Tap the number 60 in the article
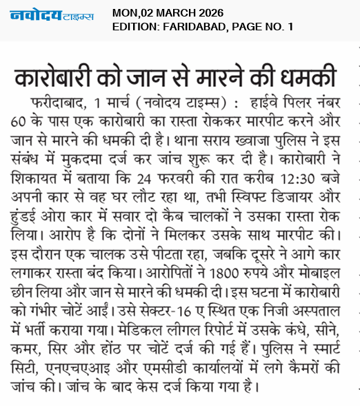point(23,119)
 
